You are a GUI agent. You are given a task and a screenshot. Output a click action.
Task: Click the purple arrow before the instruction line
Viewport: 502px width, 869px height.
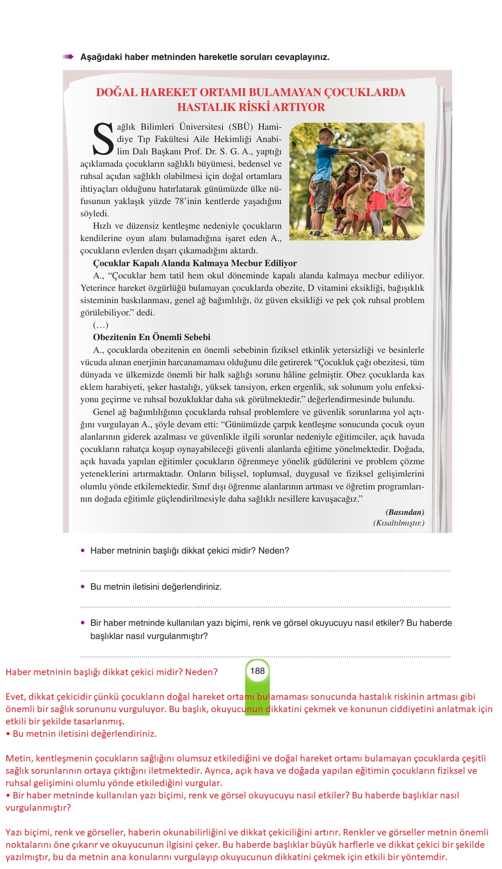click(68, 57)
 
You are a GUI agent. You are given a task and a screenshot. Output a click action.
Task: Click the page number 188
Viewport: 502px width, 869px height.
click(257, 671)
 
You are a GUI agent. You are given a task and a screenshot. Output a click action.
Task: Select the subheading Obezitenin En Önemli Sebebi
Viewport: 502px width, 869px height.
click(151, 337)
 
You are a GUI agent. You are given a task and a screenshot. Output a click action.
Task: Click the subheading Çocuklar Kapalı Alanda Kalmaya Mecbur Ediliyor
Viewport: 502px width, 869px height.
click(195, 263)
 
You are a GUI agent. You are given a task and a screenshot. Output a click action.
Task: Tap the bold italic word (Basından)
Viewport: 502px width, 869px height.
click(405, 512)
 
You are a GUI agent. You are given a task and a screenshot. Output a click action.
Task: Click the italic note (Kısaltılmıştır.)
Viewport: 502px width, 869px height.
click(399, 523)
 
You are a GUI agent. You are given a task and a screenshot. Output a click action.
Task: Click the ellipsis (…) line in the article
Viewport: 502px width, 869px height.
click(101, 325)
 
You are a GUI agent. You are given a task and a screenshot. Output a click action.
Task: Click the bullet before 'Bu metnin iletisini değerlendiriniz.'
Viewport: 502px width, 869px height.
click(83, 587)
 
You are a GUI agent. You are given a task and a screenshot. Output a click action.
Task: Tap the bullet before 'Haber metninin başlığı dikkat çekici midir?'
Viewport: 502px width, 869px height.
click(83, 551)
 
